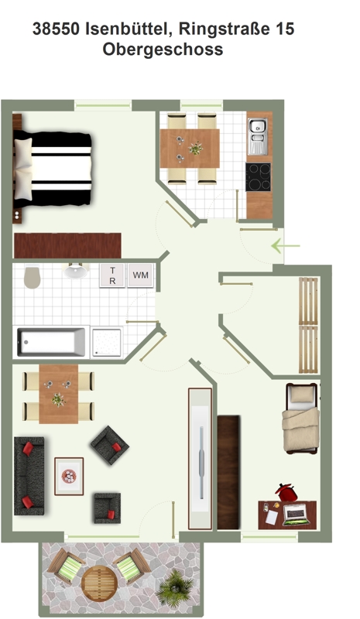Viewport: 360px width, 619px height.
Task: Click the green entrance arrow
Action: pyautogui.click(x=286, y=245)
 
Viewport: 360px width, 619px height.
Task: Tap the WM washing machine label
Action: pyautogui.click(x=141, y=275)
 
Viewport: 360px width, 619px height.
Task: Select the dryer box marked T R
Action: pyautogui.click(x=112, y=275)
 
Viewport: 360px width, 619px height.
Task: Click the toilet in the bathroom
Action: pyautogui.click(x=32, y=277)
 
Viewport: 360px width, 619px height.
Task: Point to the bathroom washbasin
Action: pyautogui.click(x=77, y=271)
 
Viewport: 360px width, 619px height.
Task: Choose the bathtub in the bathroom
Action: pyautogui.click(x=51, y=342)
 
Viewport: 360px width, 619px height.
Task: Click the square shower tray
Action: pyautogui.click(x=107, y=342)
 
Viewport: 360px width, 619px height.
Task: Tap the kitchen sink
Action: pyautogui.click(x=257, y=136)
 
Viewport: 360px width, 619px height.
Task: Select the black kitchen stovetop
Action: pyautogui.click(x=258, y=177)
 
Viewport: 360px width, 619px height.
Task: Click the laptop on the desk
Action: pyautogui.click(x=296, y=514)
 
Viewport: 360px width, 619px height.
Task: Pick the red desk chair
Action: pyautogui.click(x=286, y=492)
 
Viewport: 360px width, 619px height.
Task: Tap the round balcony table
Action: pyautogui.click(x=99, y=583)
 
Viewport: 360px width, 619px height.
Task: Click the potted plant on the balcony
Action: pyautogui.click(x=175, y=587)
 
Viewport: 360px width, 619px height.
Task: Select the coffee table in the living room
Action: pyautogui.click(x=69, y=476)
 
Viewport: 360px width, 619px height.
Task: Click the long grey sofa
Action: pyautogui.click(x=29, y=475)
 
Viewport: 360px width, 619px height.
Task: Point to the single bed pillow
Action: pyautogui.click(x=301, y=394)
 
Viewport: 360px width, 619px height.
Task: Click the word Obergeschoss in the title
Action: pyautogui.click(x=163, y=50)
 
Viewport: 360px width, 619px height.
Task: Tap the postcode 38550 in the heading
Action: pyautogui.click(x=56, y=29)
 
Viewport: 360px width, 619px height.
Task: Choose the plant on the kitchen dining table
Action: pyautogui.click(x=196, y=149)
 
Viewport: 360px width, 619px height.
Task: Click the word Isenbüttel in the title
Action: pyautogui.click(x=129, y=29)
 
